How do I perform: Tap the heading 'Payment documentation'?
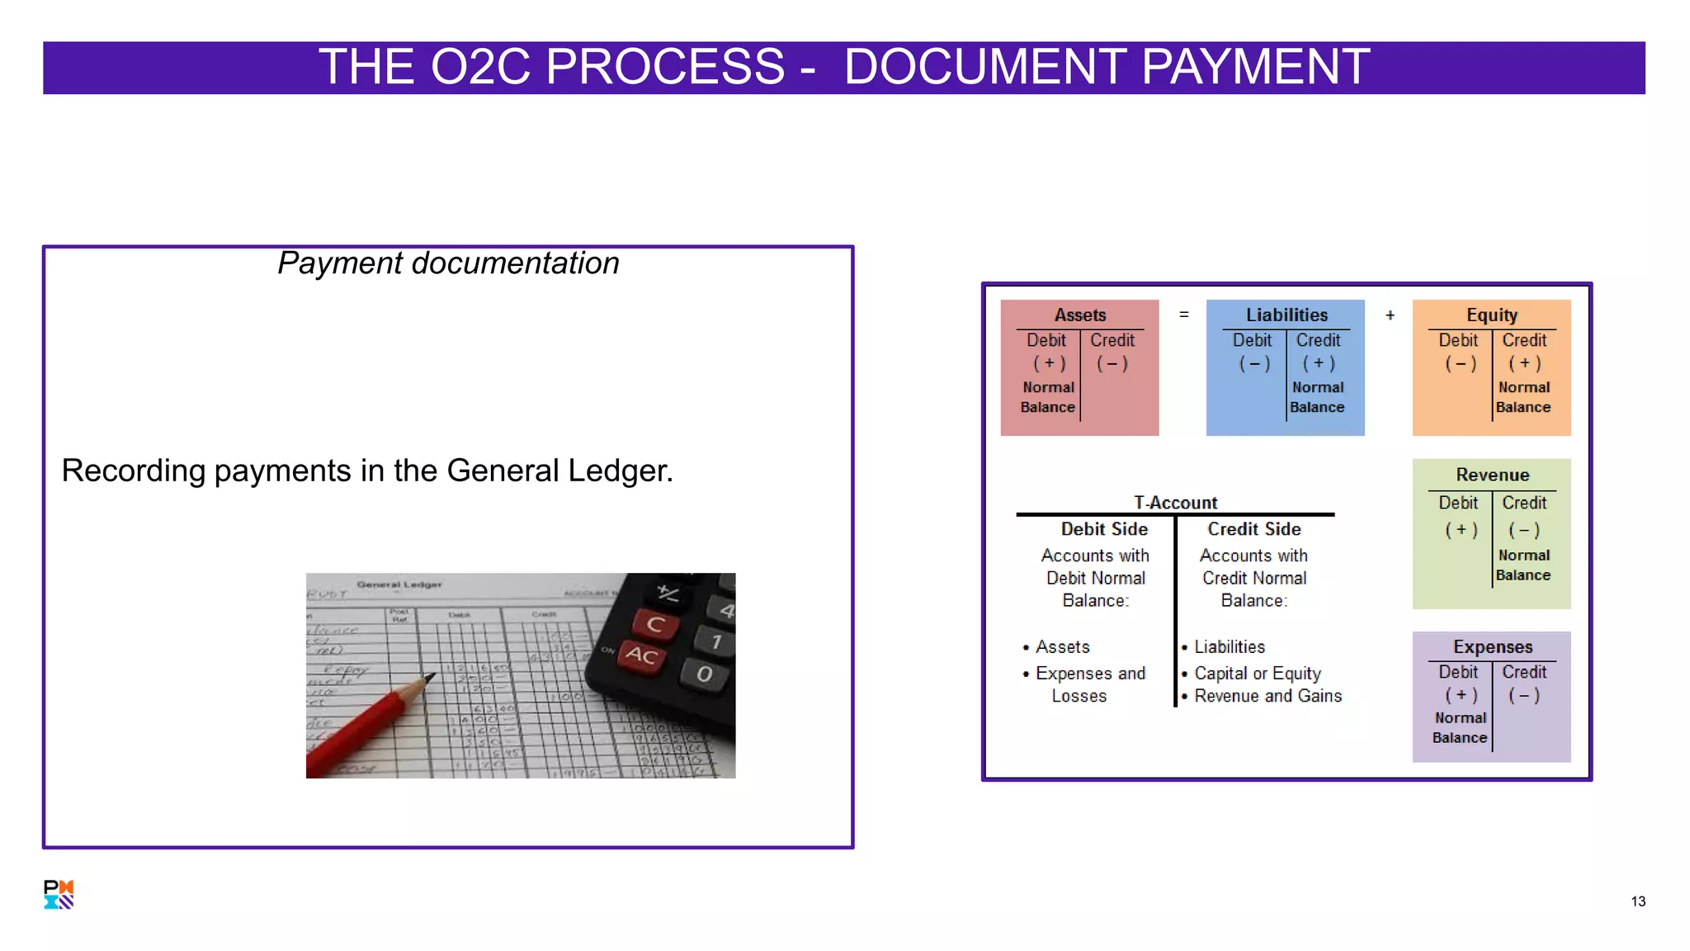448,263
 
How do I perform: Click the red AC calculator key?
641,655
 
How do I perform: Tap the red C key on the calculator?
655,624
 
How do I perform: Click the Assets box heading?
1079,315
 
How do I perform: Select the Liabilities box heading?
1286,315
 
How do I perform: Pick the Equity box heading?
1491,315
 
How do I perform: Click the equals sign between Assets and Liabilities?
1183,315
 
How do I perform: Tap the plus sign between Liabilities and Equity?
1390,315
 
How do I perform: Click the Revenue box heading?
1492,475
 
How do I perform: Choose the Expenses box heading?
1492,647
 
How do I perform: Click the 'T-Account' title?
1175,503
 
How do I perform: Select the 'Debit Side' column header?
1104,529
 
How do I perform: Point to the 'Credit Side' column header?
1253,529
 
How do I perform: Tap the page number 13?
1638,901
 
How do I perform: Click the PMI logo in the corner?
59,894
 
